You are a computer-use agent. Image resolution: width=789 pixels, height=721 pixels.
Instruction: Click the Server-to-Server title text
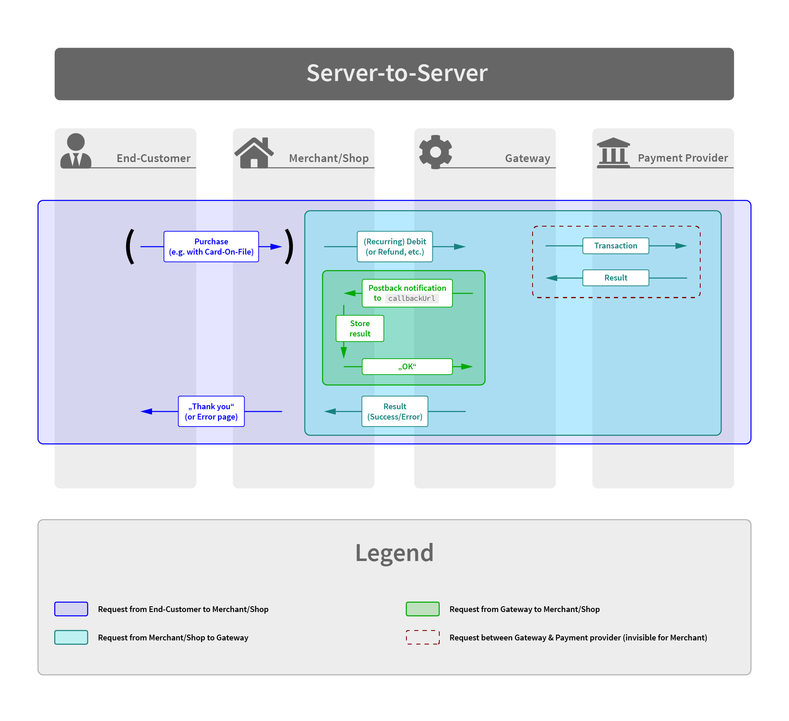397,74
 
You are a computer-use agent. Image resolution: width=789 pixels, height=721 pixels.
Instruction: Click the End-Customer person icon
76,151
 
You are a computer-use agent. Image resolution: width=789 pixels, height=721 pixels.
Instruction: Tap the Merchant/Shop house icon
254,153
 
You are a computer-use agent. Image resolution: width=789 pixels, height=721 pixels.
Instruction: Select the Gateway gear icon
436,152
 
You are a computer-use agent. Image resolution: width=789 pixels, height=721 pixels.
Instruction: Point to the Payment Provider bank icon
613,153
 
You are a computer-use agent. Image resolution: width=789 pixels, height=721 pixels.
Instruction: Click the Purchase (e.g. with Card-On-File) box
211,246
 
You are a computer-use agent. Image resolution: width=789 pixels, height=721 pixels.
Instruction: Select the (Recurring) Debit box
395,246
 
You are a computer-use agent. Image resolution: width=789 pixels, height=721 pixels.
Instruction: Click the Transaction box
616,246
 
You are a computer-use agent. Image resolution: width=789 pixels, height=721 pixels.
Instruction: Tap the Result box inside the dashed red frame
616,278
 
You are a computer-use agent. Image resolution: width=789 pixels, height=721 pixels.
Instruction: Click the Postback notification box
407,293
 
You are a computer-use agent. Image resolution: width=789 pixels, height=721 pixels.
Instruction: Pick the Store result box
360,328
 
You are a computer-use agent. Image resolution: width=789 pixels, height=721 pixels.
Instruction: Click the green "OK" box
407,366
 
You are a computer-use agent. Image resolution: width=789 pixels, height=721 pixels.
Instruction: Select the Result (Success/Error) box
394,411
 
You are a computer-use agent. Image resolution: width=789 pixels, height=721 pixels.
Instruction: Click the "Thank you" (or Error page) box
211,411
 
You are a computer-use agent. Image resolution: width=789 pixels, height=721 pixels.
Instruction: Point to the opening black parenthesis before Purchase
130,246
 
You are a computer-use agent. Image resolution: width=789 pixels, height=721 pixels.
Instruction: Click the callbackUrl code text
411,299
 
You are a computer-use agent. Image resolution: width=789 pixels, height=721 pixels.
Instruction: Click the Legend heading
394,552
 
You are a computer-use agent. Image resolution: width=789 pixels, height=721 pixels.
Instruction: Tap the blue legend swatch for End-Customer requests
71,609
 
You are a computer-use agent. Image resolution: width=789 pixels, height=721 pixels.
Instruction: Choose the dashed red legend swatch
422,637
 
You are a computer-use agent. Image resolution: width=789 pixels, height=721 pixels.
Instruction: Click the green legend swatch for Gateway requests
422,609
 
